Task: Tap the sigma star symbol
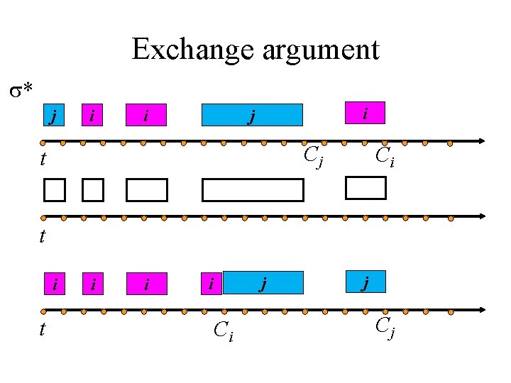21,90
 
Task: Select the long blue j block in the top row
252,115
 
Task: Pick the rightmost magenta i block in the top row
365,112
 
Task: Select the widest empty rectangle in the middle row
252,190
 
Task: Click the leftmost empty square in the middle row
53,190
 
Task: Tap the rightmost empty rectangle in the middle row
365,187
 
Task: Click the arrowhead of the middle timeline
481,216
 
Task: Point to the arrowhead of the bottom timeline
481,310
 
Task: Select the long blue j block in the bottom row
263,283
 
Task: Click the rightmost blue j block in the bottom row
365,282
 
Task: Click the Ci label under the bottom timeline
223,331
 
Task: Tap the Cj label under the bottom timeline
384,327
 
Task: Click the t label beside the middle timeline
43,236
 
